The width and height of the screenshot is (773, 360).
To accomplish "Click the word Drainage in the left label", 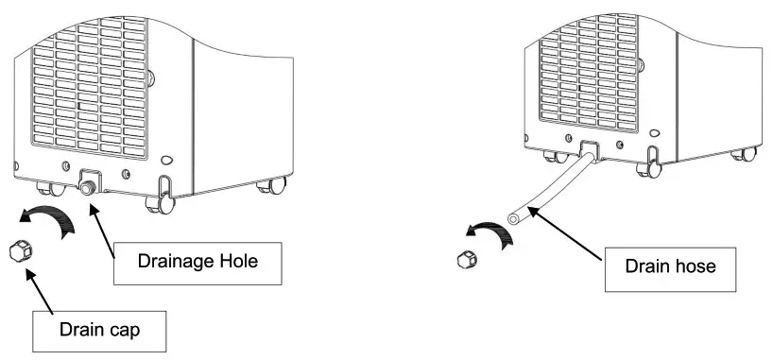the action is [x=174, y=261].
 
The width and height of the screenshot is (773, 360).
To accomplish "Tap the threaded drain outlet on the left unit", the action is [x=88, y=187].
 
